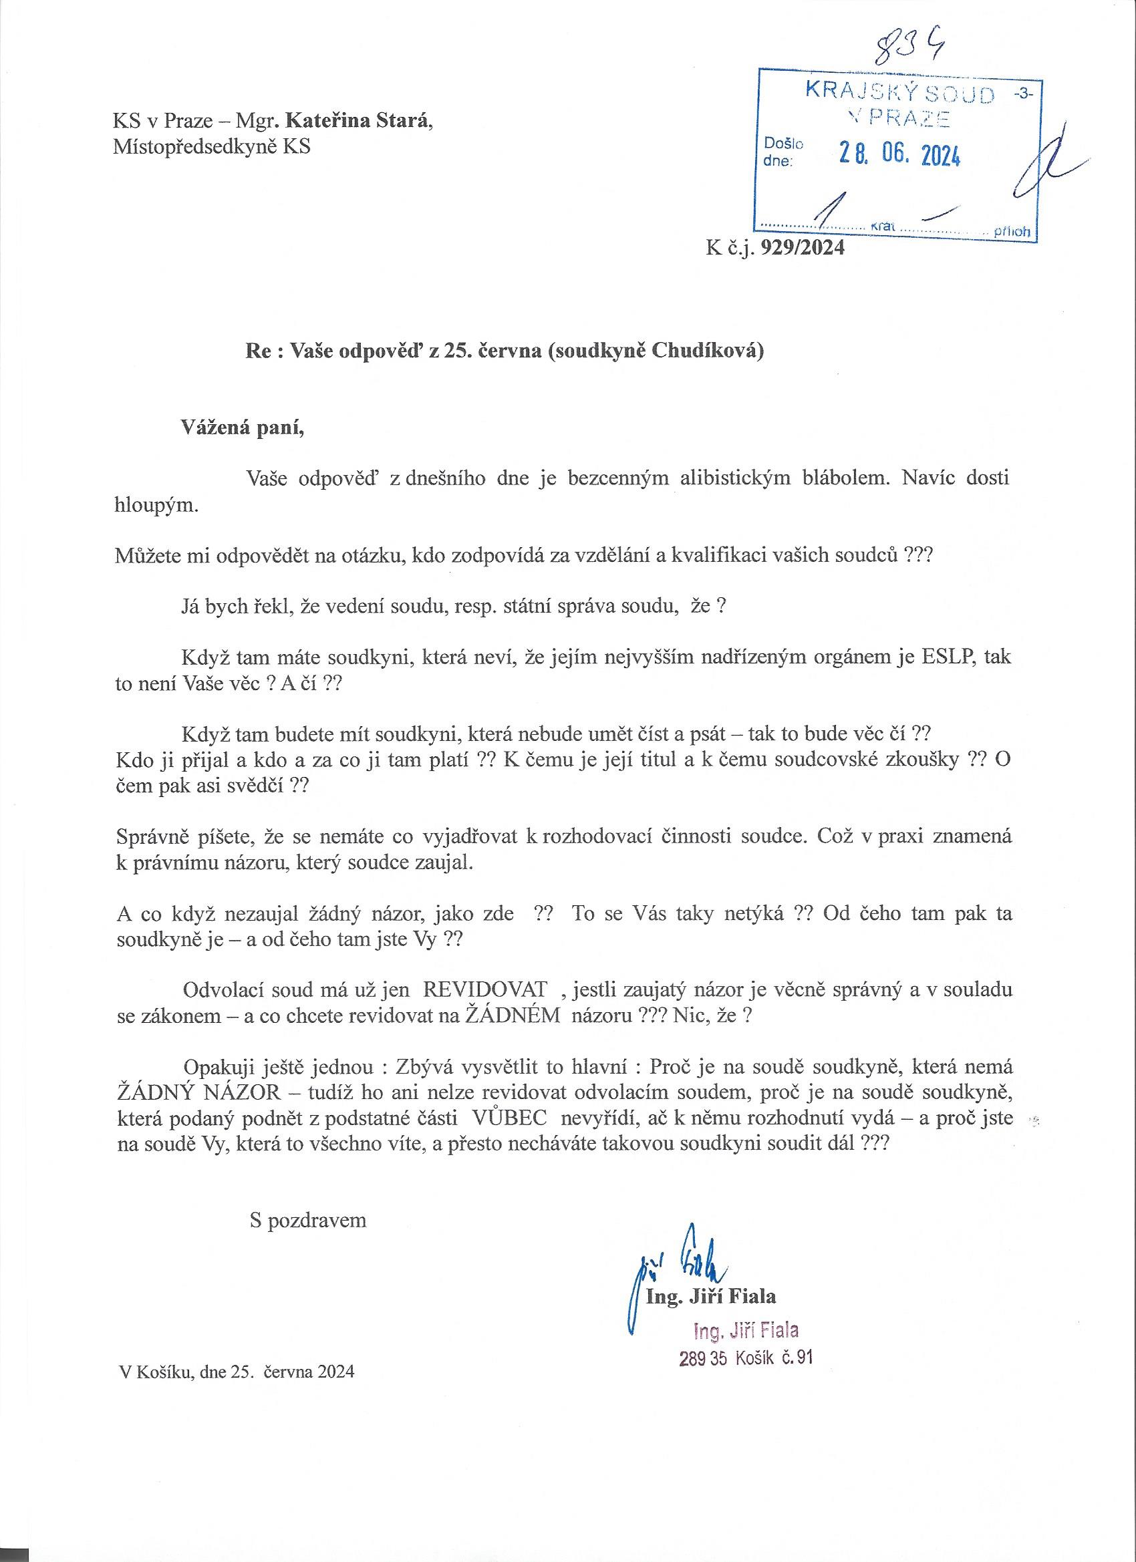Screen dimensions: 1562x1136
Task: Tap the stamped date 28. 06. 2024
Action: click(899, 156)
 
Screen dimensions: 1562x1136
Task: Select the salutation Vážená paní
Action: click(242, 428)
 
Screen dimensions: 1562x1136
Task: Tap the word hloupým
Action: click(156, 505)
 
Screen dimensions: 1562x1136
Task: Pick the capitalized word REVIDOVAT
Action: click(485, 990)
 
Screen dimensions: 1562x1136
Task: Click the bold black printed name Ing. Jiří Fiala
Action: click(711, 1297)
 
